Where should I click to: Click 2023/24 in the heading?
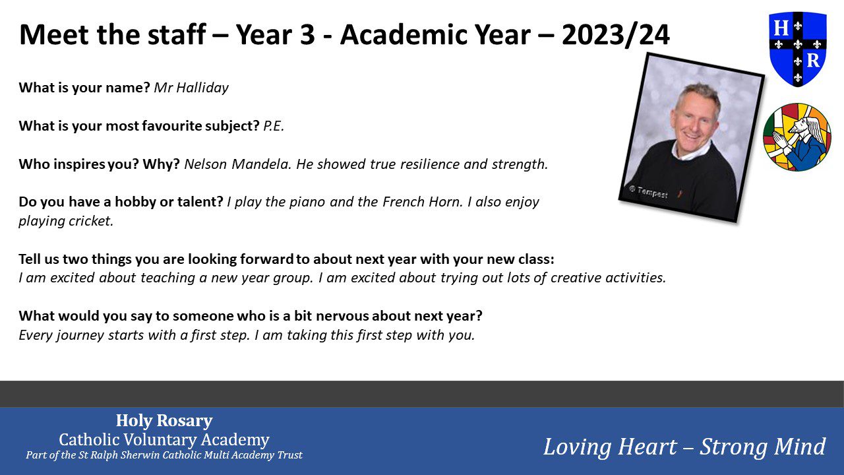pos(616,35)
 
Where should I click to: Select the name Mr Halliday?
pos(191,88)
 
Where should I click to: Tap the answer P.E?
pos(274,126)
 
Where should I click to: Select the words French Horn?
pos(422,202)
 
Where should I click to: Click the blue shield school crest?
pos(798,49)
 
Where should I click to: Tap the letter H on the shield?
pos(781,28)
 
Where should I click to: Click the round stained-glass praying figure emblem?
pos(797,137)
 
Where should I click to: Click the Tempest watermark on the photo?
pos(648,192)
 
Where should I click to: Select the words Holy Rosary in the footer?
pos(164,420)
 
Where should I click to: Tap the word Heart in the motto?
pos(648,447)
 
